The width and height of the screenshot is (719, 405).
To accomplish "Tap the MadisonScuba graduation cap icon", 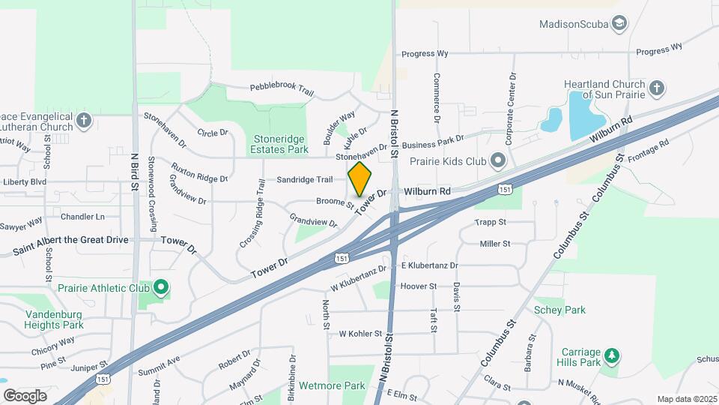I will [x=619, y=24].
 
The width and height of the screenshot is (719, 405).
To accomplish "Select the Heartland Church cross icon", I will [x=656, y=88].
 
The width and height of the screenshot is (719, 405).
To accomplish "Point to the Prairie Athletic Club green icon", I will [x=161, y=287].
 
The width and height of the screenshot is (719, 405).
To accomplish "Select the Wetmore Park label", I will [x=332, y=385].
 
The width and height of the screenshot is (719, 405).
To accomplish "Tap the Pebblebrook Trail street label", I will [x=282, y=88].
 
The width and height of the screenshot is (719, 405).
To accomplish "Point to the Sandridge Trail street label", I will [x=304, y=180].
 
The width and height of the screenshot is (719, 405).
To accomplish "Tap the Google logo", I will [x=25, y=395].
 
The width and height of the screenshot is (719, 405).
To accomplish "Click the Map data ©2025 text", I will [x=686, y=399].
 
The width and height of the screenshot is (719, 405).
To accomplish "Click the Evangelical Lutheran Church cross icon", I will [x=83, y=120].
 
